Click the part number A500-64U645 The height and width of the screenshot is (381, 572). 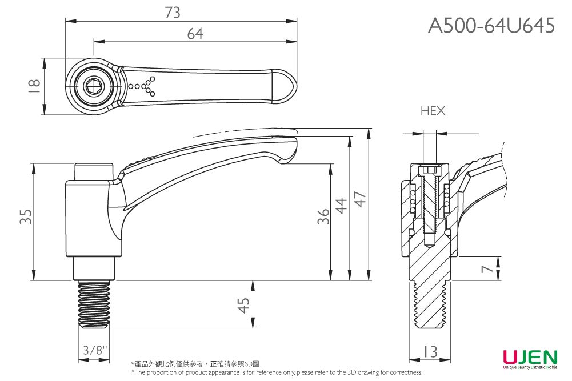point(491,26)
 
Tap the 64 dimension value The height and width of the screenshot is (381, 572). point(195,34)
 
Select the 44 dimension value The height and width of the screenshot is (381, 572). point(341,206)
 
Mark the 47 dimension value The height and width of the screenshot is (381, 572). point(360,199)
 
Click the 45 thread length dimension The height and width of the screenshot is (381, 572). point(244,305)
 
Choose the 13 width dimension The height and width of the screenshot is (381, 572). point(431,350)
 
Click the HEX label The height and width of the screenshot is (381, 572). point(433,111)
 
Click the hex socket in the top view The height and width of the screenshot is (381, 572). point(92,86)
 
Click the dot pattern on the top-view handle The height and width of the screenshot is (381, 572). point(143,86)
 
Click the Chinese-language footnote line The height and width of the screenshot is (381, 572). point(195,364)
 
